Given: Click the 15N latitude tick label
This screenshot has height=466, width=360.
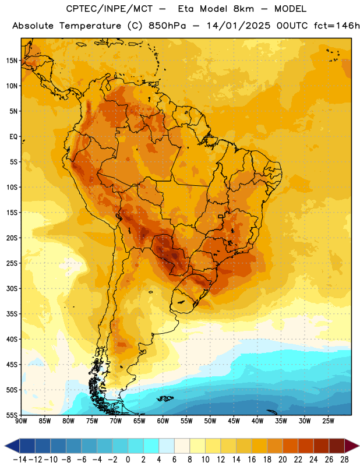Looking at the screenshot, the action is point(12,61).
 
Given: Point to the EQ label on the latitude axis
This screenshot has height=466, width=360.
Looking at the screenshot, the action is point(13,137).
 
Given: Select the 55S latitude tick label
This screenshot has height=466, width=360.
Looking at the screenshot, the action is point(12,415).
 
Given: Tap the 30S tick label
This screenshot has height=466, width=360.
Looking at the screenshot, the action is point(12,288).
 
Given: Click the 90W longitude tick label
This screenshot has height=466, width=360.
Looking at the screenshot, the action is point(21,421).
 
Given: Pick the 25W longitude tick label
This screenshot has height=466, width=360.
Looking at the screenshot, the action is point(328,421).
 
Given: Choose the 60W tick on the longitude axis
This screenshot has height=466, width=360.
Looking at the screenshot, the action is point(163,421).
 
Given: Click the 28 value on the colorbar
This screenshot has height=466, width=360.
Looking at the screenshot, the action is point(344,460).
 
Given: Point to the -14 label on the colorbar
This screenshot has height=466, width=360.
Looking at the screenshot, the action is point(20,460).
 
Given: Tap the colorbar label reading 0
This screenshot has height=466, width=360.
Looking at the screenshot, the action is point(128,460).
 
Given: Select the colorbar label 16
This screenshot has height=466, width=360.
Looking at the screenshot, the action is point(252,460).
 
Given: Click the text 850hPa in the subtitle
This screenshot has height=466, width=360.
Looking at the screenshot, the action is point(167,26).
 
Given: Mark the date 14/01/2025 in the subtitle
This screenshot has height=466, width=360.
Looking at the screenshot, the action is point(239,26).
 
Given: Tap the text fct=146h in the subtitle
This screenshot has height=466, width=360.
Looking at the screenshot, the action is point(337,26).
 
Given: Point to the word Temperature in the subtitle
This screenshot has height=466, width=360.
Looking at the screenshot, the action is point(90,26).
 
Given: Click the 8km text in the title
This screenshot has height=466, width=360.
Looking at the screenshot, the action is point(243,9).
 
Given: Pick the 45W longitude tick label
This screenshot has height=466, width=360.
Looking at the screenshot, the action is point(234,421).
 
